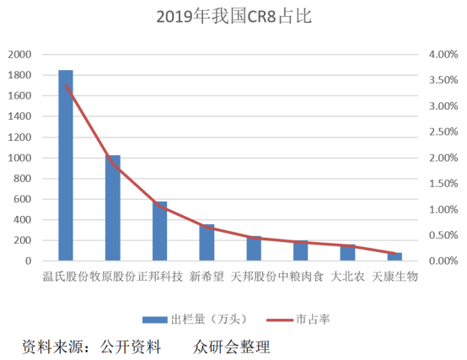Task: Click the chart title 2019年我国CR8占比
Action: [234, 16]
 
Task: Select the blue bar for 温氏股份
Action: [66, 165]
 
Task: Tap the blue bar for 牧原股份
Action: [113, 208]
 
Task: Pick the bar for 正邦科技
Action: [160, 231]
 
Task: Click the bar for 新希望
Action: [207, 242]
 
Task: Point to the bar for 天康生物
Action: [395, 256]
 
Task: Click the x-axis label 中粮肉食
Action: [301, 277]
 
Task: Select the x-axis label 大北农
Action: [347, 277]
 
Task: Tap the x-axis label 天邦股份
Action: [254, 277]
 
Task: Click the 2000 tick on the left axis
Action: [19, 55]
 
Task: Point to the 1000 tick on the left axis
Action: [19, 158]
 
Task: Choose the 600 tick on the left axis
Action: [22, 199]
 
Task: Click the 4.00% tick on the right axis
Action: [443, 55]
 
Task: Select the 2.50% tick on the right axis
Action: [443, 132]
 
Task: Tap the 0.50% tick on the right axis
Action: [443, 235]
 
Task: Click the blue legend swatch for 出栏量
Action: [155, 320]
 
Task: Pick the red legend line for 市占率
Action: [280, 320]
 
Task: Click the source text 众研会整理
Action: [232, 347]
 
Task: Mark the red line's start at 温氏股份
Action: [66, 85]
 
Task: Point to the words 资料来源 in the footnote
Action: [53, 347]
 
